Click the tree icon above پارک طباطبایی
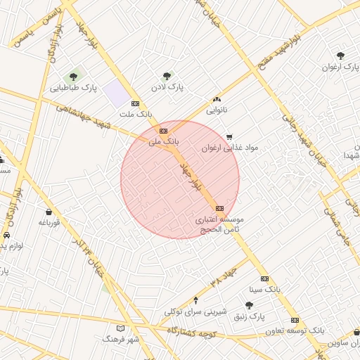pos(73,77)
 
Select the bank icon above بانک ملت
pos(135,103)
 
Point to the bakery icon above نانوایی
pos(217,99)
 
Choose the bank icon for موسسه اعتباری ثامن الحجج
pos(220,208)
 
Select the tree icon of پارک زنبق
pos(249,305)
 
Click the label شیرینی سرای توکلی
pos(195,311)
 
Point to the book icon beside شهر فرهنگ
pos(120,328)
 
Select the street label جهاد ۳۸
pos(224,272)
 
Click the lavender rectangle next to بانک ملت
pos(115,93)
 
